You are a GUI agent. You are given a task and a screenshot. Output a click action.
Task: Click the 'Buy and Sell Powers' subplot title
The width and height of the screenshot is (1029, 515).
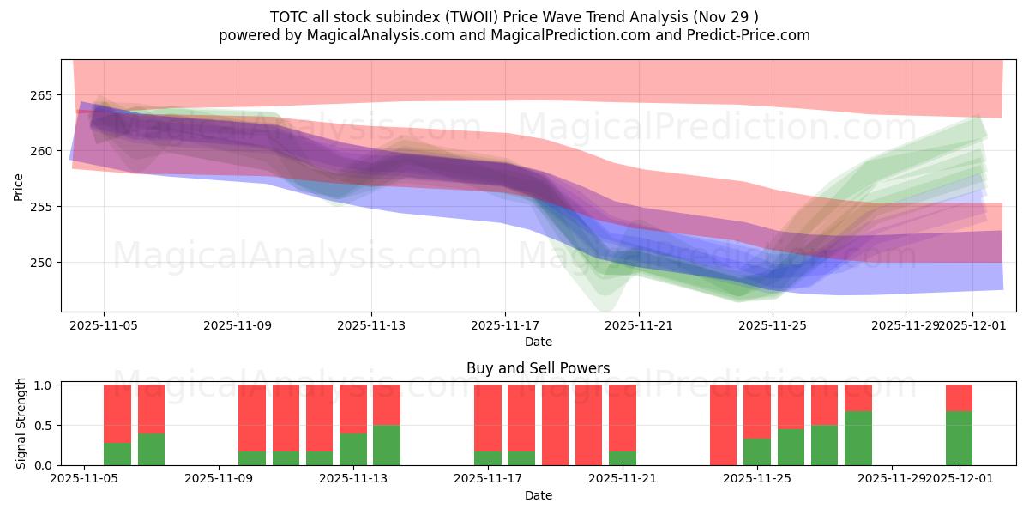click(538, 368)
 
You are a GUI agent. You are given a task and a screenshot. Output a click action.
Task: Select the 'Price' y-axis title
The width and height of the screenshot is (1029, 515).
click(19, 185)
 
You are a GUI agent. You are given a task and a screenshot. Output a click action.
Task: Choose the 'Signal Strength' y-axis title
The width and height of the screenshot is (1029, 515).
click(21, 425)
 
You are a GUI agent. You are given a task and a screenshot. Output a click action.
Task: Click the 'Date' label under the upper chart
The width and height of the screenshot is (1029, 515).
click(538, 342)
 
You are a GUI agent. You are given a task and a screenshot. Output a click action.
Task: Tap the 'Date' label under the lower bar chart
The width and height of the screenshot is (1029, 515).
click(538, 495)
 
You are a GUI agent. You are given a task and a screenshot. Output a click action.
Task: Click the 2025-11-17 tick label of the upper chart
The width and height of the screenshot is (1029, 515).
click(505, 325)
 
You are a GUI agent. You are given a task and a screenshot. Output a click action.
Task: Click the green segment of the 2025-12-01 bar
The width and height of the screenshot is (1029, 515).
click(959, 439)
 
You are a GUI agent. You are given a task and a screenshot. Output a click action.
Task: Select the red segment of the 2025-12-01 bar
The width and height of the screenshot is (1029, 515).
click(959, 398)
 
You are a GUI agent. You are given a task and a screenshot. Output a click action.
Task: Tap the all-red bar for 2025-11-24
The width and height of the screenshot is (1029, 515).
click(723, 425)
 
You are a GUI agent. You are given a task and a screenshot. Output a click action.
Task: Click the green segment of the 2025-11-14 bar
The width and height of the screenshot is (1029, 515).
click(387, 445)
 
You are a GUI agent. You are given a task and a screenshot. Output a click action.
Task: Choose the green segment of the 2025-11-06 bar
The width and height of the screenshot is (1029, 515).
click(117, 454)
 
